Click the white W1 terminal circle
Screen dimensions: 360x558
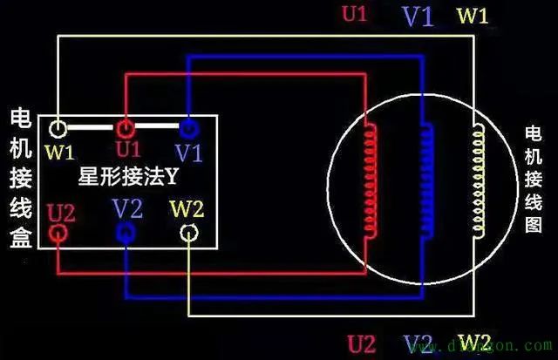click(58, 130)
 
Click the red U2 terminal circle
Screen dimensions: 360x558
click(59, 233)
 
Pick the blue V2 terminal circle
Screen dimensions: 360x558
click(125, 232)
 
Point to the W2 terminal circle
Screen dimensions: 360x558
click(189, 233)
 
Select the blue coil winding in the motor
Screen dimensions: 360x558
click(426, 180)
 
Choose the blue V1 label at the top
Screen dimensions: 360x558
click(417, 17)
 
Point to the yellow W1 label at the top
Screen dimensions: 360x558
click(474, 16)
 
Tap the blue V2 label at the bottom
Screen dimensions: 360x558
click(418, 341)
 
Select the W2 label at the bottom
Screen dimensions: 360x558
click(475, 340)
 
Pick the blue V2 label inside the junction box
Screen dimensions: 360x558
click(127, 208)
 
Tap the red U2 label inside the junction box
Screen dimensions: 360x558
click(62, 210)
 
